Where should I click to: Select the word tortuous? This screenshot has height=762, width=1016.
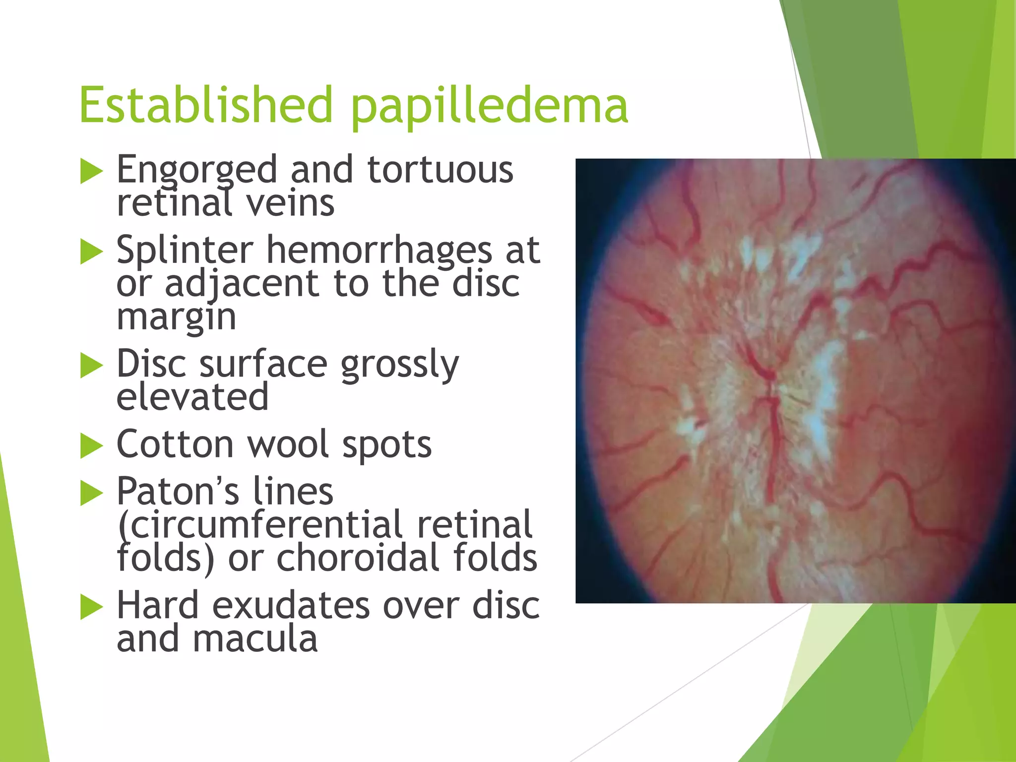click(440, 170)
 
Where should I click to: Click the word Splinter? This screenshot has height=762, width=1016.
click(185, 250)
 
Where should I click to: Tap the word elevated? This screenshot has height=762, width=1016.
click(192, 397)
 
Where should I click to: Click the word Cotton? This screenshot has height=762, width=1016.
click(175, 444)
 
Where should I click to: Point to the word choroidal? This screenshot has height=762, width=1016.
click(357, 558)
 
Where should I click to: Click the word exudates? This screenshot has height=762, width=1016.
click(292, 606)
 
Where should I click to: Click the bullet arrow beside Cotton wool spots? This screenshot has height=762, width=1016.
click(91, 445)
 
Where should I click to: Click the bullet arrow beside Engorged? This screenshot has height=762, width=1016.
click(91, 172)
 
